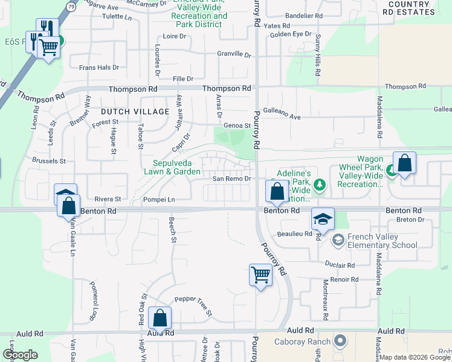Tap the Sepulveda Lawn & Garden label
pos(176,167)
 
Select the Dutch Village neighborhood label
pos(135,112)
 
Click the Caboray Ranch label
pos(311,341)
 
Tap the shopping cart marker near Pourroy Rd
pos(260,275)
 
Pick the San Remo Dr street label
pos(231,179)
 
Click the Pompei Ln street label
pos(159,199)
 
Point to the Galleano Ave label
pos(281,116)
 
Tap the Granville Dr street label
pos(234,54)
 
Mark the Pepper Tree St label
pos(193,305)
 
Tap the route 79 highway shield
pos(72,7)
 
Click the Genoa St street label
pos(237,125)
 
